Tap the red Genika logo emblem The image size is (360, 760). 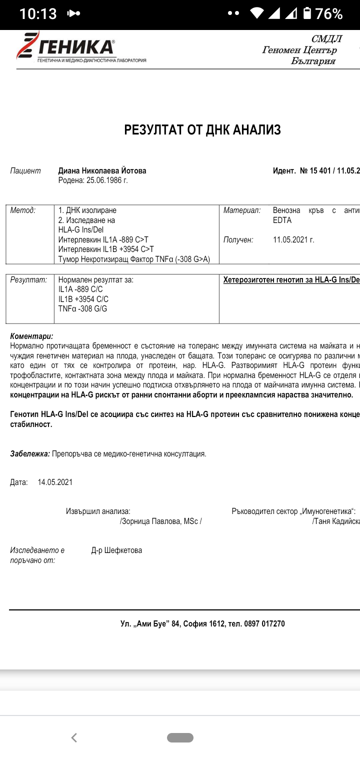click(x=27, y=45)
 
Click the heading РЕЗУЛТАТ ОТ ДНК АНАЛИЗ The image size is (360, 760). click(x=202, y=130)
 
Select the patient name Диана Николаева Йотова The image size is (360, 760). click(x=102, y=171)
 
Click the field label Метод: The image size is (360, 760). click(x=23, y=210)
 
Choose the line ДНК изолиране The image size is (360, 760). click(x=87, y=210)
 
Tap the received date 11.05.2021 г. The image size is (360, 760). click(x=293, y=240)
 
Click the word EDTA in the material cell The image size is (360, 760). click(x=282, y=220)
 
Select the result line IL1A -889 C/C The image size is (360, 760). click(x=81, y=289)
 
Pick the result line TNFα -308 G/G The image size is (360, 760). click(x=82, y=309)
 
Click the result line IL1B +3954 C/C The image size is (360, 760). click(x=83, y=299)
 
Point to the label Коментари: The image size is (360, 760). click(x=31, y=336)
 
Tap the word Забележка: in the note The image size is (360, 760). click(x=30, y=454)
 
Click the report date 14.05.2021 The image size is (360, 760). click(x=55, y=482)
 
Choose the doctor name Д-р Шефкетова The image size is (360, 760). click(x=116, y=550)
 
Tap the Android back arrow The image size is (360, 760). click(x=74, y=737)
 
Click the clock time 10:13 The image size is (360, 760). click(x=38, y=14)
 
